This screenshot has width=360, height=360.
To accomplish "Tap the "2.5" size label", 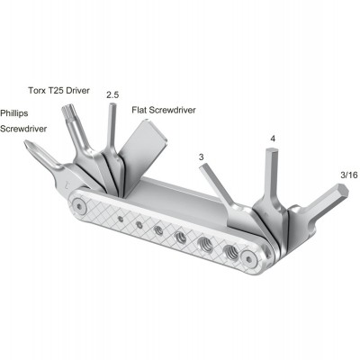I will click(112, 94).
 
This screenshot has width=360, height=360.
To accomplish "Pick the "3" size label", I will click(202, 157).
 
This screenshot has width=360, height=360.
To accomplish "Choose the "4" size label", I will click(273, 139).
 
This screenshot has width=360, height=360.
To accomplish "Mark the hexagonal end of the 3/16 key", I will click(341, 194).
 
